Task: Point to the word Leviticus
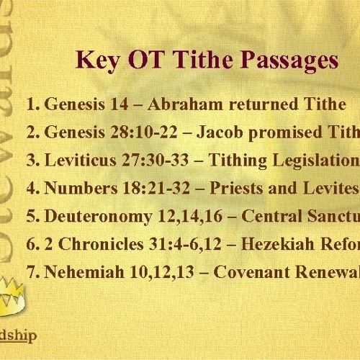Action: click(x=80, y=161)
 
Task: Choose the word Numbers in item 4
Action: click(x=77, y=189)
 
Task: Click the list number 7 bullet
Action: click(x=31, y=272)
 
